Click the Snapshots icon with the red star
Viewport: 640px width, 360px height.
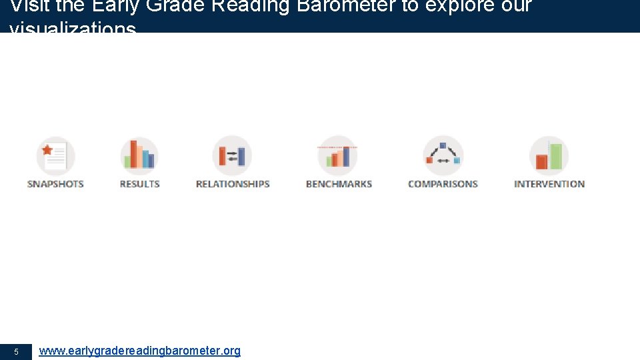[x=56, y=156]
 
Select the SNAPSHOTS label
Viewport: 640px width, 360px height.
[x=55, y=184]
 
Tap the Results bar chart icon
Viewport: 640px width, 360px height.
[x=139, y=155]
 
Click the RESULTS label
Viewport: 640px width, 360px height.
[x=139, y=184]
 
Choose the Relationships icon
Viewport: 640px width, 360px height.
[x=232, y=156]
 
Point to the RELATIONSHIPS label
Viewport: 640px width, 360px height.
[x=233, y=184]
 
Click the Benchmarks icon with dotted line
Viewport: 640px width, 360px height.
[x=337, y=156]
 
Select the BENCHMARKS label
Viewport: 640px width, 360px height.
[x=339, y=184]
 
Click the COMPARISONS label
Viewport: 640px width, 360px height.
[x=443, y=184]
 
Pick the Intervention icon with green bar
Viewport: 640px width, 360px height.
[x=549, y=156]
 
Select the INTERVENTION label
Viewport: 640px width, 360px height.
[x=549, y=184]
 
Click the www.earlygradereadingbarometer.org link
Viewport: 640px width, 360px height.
[x=139, y=351]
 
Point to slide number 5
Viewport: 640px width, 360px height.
[x=16, y=351]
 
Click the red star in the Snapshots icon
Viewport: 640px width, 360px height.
[x=47, y=149]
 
